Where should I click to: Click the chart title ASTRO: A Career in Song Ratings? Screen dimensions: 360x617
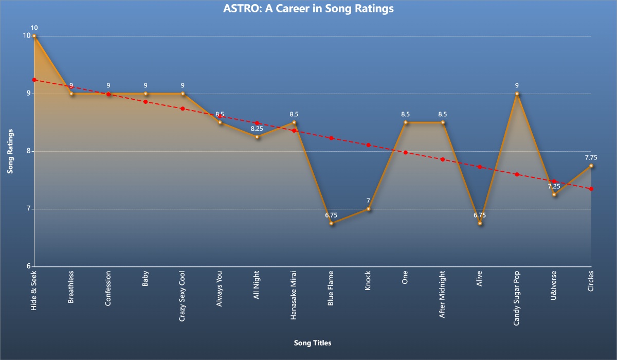(308, 9)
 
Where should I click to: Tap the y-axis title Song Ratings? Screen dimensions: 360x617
(10, 151)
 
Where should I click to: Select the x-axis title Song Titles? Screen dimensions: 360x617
(312, 343)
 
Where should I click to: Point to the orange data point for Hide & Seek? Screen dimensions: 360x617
(34, 36)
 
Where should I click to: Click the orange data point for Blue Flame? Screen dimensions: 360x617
(331, 223)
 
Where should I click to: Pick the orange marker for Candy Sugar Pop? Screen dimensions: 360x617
(517, 94)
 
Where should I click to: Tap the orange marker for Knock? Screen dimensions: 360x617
(368, 209)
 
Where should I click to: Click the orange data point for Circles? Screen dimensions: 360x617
(591, 166)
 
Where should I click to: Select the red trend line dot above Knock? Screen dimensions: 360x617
(368, 145)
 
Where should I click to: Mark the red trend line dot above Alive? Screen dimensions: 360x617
(480, 167)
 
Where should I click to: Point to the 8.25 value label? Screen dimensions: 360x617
(257, 129)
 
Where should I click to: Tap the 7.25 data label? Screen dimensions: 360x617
(554, 186)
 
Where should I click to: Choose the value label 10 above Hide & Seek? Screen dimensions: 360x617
(34, 28)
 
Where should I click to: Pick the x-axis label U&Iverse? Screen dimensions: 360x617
(554, 285)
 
